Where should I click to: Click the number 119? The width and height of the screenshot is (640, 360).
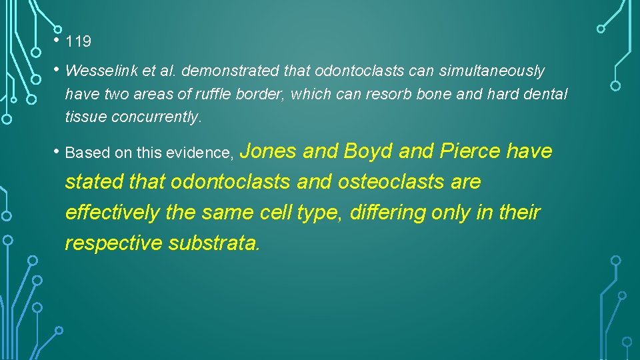click(x=79, y=42)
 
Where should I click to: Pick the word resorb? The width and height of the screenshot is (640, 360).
click(x=389, y=94)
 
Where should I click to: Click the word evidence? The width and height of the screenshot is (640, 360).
click(x=200, y=153)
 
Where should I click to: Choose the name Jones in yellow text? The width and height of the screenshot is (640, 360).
click(x=267, y=151)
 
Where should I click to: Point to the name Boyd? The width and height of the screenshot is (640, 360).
click(x=368, y=151)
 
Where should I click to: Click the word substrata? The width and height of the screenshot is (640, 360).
click(x=214, y=243)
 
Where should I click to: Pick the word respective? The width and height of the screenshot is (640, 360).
click(x=114, y=243)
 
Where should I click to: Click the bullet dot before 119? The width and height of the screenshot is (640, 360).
click(x=58, y=41)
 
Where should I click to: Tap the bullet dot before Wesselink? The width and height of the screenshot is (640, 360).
click(x=58, y=70)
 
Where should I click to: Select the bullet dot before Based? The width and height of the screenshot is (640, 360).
click(x=58, y=152)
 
